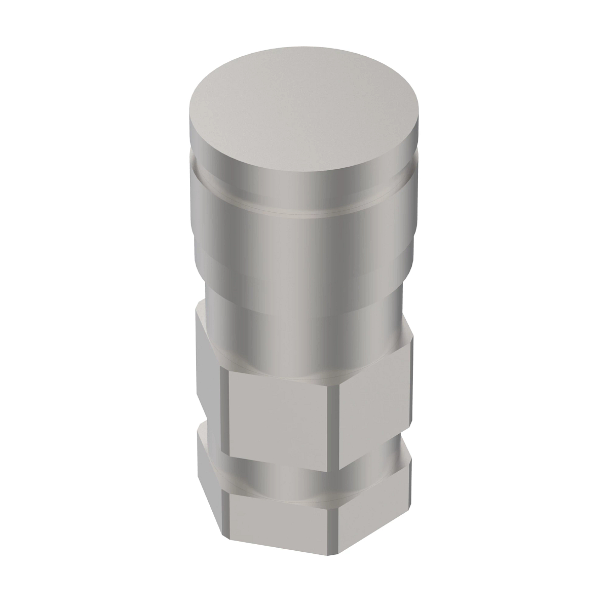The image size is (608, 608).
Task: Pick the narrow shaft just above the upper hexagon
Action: [304, 329]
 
